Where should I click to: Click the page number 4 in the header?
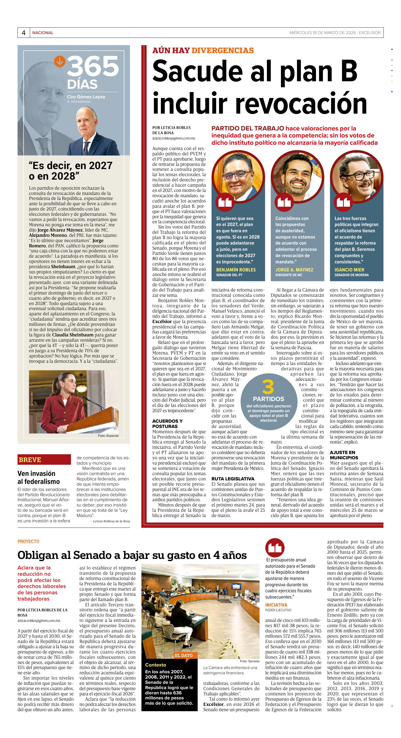[23, 33]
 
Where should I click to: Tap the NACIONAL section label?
[43, 33]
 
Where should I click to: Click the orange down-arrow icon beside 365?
[60, 61]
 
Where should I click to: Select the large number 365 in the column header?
[93, 66]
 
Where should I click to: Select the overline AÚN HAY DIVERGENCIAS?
[203, 51]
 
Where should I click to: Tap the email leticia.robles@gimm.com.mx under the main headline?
[173, 138]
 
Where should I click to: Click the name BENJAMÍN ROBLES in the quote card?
[236, 270]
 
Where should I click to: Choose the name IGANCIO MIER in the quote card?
[349, 270]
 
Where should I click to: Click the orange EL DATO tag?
[184, 655]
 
